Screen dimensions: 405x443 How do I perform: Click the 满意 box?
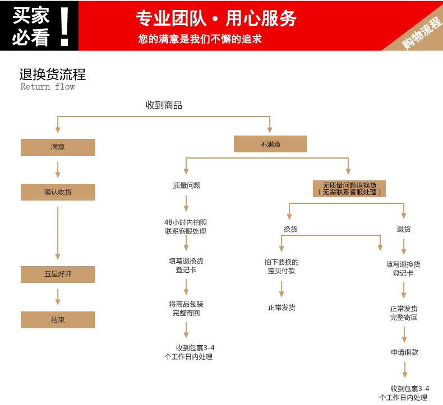pos(58,147)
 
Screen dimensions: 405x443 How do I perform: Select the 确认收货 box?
pos(58,192)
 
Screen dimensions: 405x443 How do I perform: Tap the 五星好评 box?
pos(58,274)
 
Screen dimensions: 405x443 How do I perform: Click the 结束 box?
pos(58,320)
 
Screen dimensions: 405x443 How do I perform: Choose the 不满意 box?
pos(270,145)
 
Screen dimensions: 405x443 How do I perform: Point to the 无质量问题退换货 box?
pos(349,188)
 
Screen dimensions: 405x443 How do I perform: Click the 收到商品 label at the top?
pos(164,105)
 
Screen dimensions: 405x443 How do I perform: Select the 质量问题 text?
pos(187,185)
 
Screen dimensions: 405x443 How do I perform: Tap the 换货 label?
pos(290,229)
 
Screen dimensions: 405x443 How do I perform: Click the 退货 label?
pos(404,229)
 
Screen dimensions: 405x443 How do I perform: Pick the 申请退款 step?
pos(404,352)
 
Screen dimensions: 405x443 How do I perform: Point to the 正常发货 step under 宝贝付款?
pos(282,308)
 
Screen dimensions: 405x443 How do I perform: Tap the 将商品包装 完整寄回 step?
pos(186,309)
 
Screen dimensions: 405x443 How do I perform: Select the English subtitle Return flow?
pos(48,87)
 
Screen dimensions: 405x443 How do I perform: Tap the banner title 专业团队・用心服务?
pos(216,19)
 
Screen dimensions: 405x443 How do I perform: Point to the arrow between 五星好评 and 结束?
pos(58,297)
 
